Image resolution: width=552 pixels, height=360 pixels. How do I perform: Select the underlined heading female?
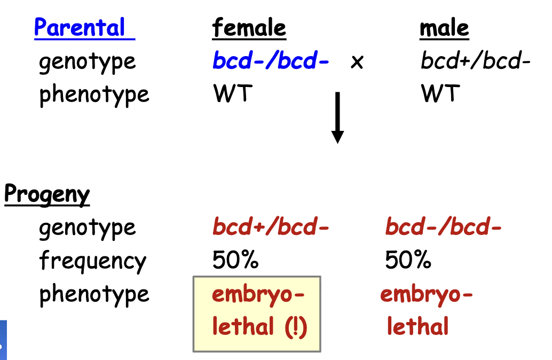[x=249, y=28]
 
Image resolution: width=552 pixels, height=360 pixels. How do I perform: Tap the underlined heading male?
[x=444, y=28]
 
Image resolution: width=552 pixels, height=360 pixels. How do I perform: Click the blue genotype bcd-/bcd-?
[x=271, y=61]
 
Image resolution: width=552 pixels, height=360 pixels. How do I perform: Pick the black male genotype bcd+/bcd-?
[x=475, y=61]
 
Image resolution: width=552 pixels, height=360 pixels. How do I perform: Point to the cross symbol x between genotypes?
[x=357, y=62]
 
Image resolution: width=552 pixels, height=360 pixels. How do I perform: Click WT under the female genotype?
[x=233, y=95]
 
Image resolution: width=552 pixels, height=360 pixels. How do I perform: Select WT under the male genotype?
[x=440, y=95]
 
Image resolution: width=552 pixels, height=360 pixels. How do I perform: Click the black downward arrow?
[x=337, y=118]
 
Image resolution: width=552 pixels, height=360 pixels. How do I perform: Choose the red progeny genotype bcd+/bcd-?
[x=271, y=228]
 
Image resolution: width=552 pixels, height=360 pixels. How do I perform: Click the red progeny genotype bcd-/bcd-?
[x=444, y=228]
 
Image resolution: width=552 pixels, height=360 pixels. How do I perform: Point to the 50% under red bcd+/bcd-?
[x=235, y=261]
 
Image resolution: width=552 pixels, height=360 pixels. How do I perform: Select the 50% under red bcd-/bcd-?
[x=408, y=261]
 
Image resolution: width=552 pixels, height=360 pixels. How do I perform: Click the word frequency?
[x=92, y=261]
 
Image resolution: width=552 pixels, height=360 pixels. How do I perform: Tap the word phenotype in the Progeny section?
[x=94, y=294]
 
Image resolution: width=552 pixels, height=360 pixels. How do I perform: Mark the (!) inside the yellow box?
[x=295, y=327]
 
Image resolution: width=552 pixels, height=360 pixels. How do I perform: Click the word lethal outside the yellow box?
[x=417, y=327]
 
